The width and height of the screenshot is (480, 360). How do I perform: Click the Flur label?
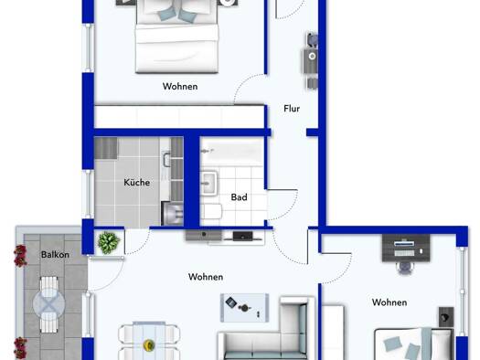[x=292, y=109]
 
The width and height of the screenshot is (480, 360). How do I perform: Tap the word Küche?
[x=137, y=183]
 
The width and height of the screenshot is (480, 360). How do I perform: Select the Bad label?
[x=239, y=197]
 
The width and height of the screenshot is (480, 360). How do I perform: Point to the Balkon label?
[x=55, y=255]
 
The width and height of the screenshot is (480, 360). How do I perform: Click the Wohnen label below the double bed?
[x=180, y=86]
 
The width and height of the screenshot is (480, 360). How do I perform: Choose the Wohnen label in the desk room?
[x=389, y=302]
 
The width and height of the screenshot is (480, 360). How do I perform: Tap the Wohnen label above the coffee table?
[x=206, y=277]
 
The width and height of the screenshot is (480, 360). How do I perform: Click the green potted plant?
[x=109, y=242]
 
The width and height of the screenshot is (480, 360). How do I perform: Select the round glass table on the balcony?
[x=49, y=304]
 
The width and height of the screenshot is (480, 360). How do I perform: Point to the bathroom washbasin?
[x=208, y=183]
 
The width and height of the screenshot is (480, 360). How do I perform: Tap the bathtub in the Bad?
[x=232, y=152]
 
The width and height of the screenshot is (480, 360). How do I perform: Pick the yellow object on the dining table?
[x=148, y=345]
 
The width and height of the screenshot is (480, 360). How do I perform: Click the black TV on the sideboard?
[x=243, y=236]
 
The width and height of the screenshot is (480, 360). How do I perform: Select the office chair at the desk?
[x=404, y=268]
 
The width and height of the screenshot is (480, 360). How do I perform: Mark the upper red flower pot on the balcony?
[x=20, y=256]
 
